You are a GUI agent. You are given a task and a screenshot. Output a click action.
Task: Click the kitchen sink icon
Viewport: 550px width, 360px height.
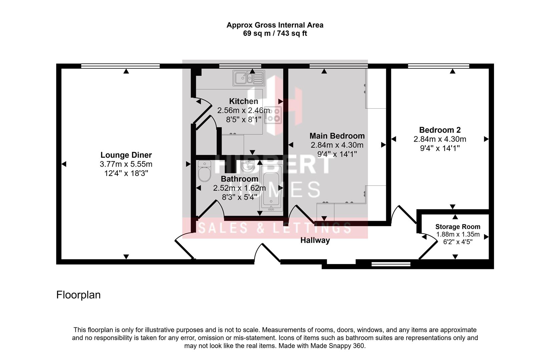(x=249, y=78)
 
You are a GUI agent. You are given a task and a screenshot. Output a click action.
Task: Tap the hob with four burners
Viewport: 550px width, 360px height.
(x=273, y=115)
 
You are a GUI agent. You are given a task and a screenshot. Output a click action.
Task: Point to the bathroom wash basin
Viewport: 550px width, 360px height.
(x=247, y=166)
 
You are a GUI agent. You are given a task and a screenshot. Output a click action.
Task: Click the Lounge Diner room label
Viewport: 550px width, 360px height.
(x=126, y=155)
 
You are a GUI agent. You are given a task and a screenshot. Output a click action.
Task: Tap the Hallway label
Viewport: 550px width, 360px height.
(x=315, y=240)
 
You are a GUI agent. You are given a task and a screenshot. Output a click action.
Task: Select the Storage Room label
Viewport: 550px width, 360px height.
(x=458, y=227)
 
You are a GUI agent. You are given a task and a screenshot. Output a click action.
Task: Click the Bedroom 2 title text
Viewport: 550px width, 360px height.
(x=440, y=130)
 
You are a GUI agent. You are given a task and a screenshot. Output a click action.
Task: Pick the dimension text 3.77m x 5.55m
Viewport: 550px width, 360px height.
(x=126, y=164)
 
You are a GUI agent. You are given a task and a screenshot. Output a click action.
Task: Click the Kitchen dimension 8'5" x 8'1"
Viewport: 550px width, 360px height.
(x=243, y=120)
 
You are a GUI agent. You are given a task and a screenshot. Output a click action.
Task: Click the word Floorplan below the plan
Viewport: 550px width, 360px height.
(x=78, y=295)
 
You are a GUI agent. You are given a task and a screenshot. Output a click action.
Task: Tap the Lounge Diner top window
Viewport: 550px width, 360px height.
(x=120, y=66)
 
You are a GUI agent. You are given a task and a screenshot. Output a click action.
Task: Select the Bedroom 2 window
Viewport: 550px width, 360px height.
(x=439, y=66)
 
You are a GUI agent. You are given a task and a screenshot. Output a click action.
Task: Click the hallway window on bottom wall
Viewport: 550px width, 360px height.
(x=391, y=264)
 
